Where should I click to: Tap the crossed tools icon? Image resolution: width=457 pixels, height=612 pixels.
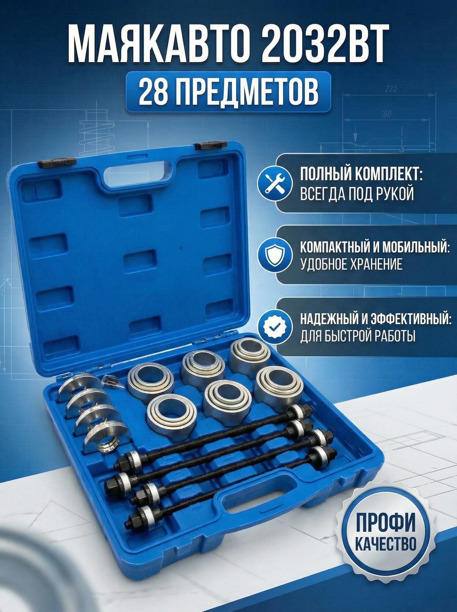(x=273, y=185)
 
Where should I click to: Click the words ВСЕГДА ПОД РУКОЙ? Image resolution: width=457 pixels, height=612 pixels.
(x=357, y=194)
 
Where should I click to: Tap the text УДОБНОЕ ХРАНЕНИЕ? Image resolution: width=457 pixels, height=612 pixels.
(x=351, y=264)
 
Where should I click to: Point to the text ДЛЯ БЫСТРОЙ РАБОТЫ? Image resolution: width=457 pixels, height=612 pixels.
(x=358, y=337)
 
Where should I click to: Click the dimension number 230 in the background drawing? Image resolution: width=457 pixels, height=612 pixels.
(x=391, y=89)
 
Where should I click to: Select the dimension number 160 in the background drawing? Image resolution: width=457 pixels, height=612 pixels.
(x=386, y=114)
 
